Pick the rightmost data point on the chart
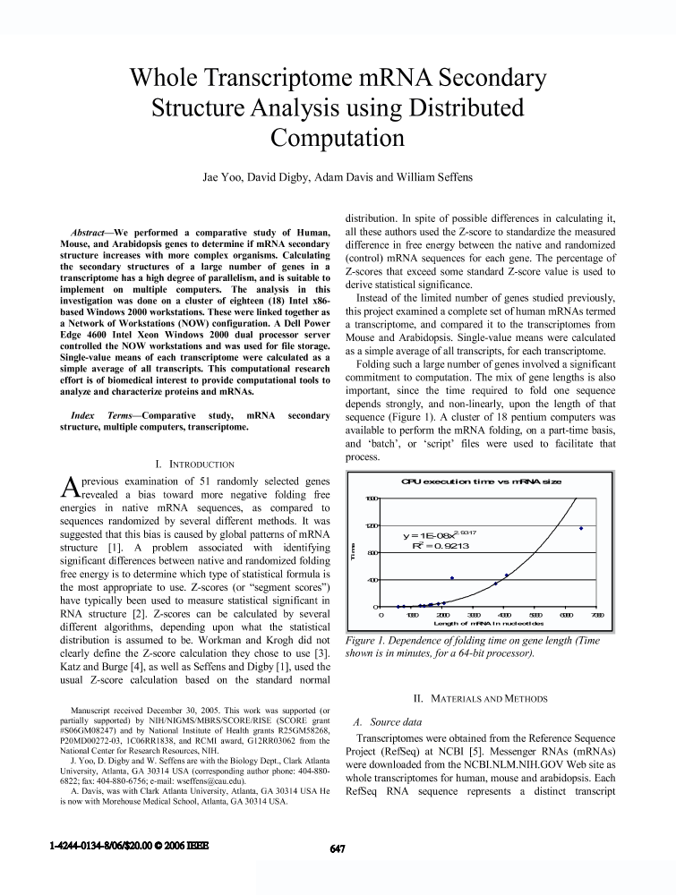(x=581, y=528)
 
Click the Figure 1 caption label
(x=367, y=641)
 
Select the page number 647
(x=338, y=848)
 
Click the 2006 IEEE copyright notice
(x=131, y=848)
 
